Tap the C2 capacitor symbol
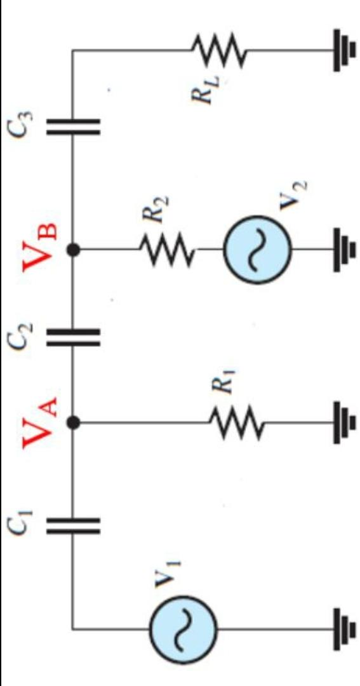click(73, 335)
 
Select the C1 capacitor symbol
click(73, 524)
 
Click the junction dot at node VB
click(74, 250)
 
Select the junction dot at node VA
click(74, 422)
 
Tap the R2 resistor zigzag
click(166, 250)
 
